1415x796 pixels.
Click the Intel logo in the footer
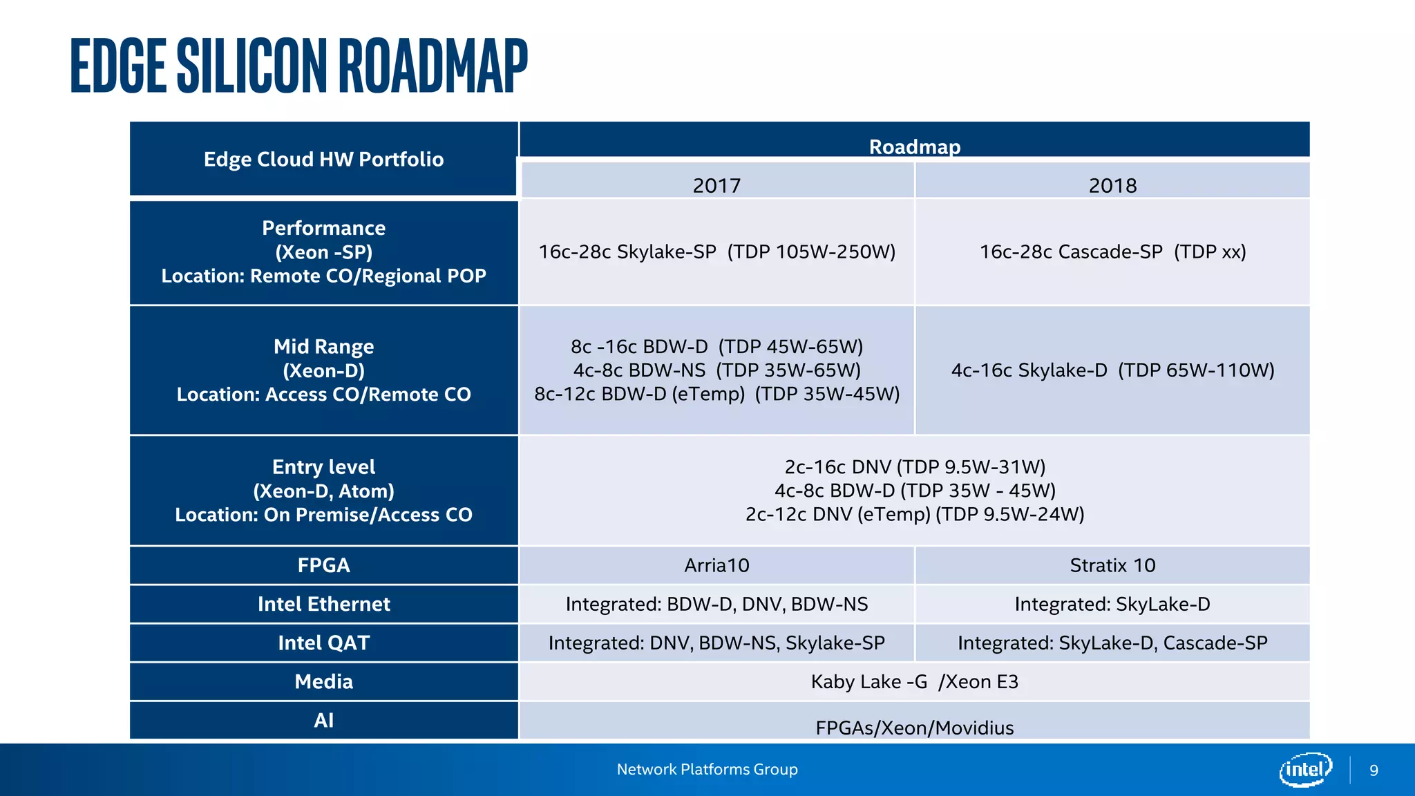click(x=1304, y=769)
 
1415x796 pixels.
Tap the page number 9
click(x=1374, y=770)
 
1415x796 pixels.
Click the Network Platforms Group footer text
click(x=707, y=769)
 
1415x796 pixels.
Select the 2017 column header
click(x=716, y=185)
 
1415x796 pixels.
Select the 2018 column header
click(x=1112, y=185)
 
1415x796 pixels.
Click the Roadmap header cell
click(x=914, y=146)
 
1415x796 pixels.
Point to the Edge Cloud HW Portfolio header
click(x=323, y=160)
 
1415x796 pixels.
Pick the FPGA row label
click(x=323, y=565)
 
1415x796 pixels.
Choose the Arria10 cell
click(x=716, y=565)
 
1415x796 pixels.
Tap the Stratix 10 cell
click(x=1112, y=565)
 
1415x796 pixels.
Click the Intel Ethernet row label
click(x=323, y=604)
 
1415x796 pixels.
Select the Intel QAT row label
click(x=323, y=643)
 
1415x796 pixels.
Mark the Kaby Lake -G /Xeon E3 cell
click(x=914, y=682)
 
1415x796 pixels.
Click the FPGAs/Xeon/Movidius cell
click(x=914, y=727)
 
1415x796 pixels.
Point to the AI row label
click(x=323, y=720)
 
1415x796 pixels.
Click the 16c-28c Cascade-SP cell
click(x=1112, y=252)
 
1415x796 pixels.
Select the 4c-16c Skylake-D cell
click(x=1112, y=370)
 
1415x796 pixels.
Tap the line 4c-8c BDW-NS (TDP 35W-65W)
click(x=716, y=370)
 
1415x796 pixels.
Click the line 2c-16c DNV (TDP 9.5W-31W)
click(x=914, y=467)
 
